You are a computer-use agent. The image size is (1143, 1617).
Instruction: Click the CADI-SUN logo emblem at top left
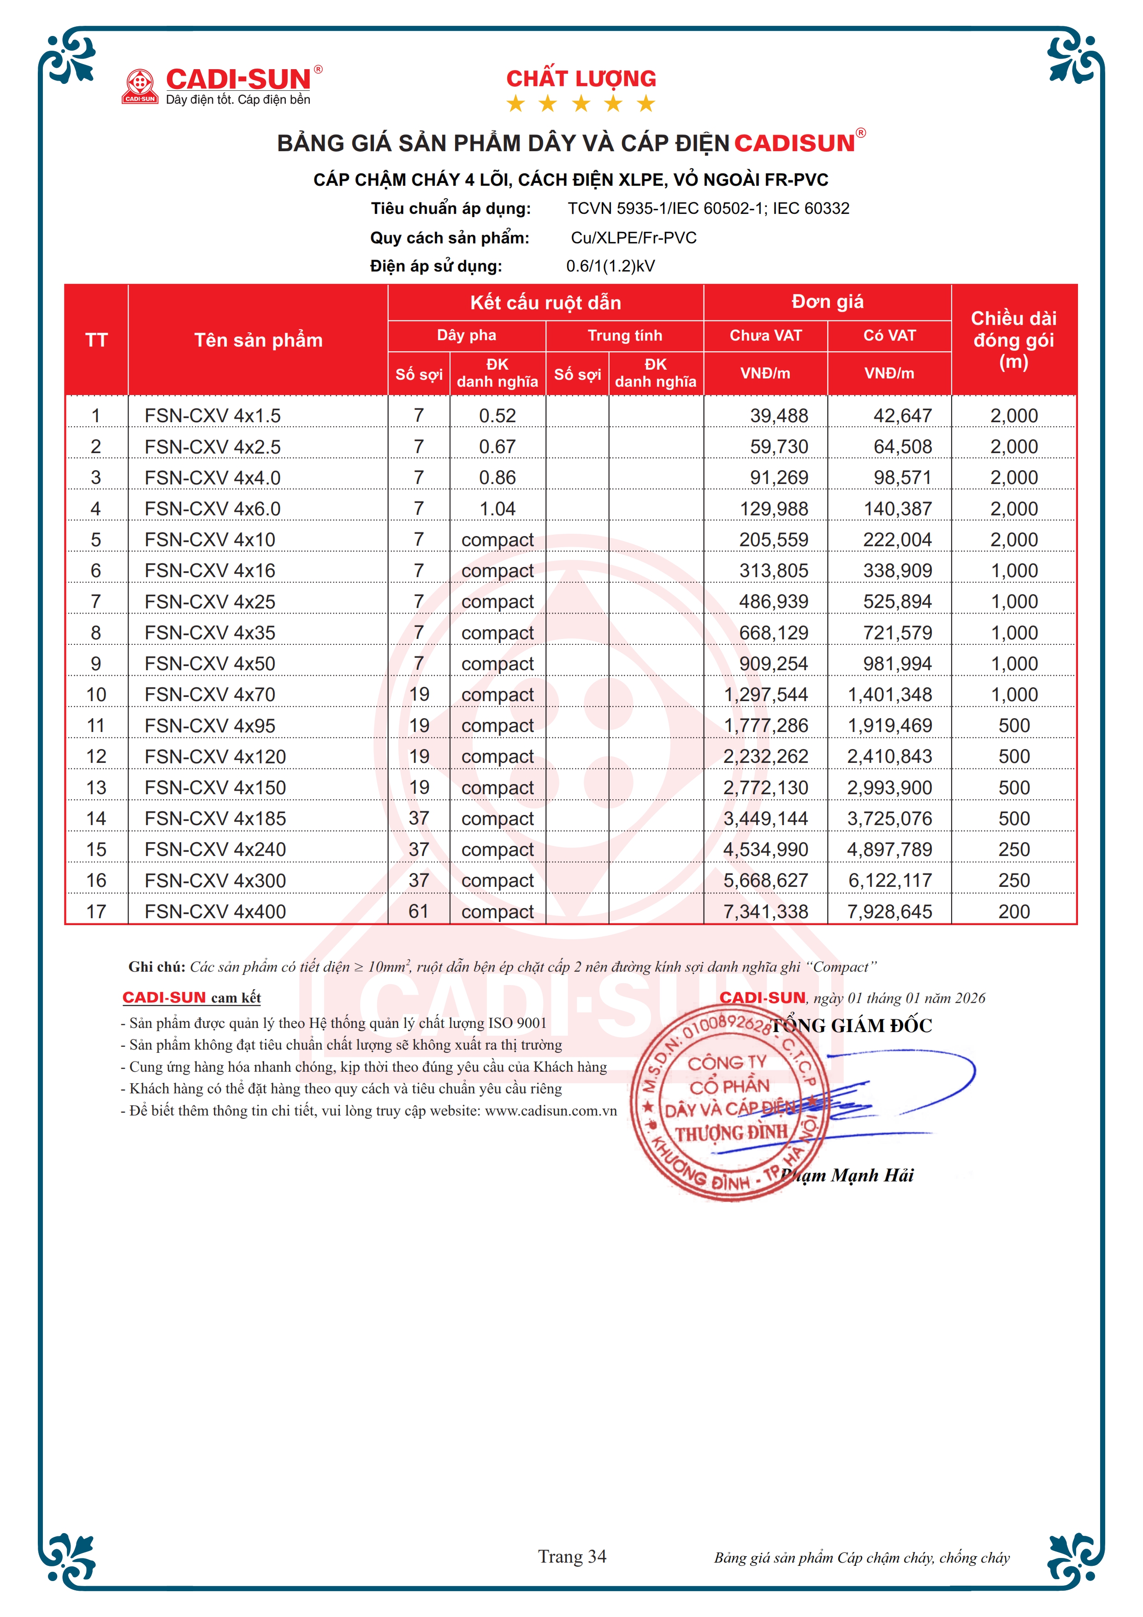(140, 86)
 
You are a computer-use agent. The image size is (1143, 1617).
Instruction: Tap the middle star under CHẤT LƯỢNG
(581, 104)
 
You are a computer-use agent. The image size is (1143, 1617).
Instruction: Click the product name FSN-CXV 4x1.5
(212, 416)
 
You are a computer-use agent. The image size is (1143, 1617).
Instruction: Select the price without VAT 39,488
(778, 416)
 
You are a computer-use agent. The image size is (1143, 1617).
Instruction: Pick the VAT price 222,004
(897, 540)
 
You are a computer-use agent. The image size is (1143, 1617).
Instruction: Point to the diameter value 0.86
(497, 478)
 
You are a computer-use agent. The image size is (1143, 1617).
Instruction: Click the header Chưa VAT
(765, 336)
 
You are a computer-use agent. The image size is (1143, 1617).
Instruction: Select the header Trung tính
(625, 336)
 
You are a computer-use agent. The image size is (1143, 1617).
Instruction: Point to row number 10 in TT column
(96, 695)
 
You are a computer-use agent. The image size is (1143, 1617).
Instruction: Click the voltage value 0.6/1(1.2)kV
(610, 266)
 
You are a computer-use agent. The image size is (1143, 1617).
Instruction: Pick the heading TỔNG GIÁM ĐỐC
(852, 1026)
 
